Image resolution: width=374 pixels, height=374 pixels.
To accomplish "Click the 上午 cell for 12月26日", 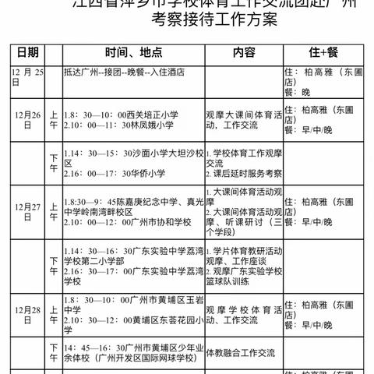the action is click(x=53, y=117).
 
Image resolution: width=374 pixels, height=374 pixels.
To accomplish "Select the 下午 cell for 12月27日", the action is click(x=53, y=261).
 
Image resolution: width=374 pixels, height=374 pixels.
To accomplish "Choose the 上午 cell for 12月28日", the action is click(x=53, y=311).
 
